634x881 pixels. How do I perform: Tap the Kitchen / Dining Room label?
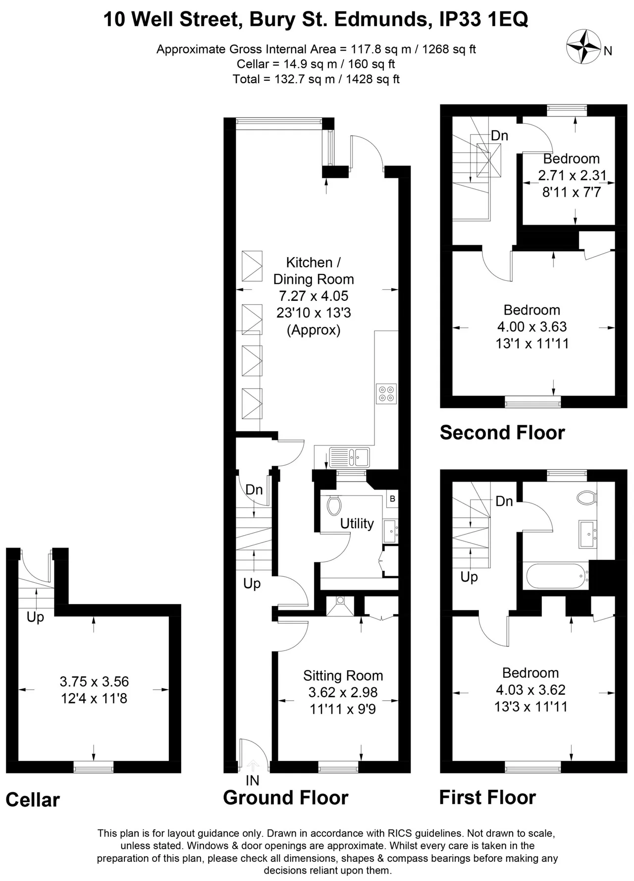point(314,271)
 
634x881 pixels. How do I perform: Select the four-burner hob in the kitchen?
point(386,393)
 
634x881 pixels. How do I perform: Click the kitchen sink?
point(349,457)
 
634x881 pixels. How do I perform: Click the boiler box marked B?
point(392,499)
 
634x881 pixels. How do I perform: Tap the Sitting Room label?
point(343,676)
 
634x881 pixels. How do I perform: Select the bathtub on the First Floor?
point(557,575)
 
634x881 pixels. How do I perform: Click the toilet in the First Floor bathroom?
point(586,497)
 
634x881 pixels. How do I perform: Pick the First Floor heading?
point(487,798)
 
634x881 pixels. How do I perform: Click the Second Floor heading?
point(502,433)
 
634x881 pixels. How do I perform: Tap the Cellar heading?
point(33,800)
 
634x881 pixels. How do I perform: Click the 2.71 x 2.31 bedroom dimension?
point(572,175)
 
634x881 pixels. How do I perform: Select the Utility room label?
point(357,524)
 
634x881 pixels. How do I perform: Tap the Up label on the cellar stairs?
point(35,617)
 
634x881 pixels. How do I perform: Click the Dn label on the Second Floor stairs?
point(499,135)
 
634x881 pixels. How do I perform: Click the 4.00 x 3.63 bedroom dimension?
point(532,327)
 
